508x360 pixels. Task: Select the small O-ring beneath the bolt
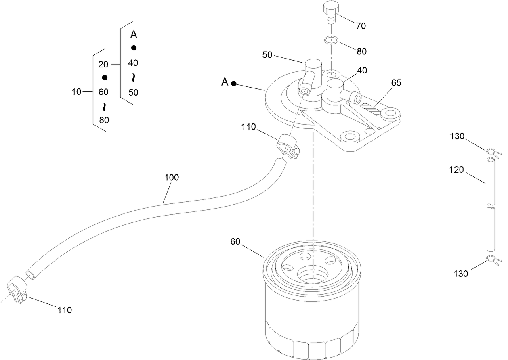(330, 40)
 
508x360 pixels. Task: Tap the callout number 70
(361, 26)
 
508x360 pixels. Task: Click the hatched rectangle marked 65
(371, 109)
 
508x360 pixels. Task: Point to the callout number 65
(396, 83)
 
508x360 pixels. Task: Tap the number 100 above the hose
(171, 177)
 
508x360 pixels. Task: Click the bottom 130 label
(461, 274)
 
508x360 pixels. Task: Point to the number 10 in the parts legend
(76, 92)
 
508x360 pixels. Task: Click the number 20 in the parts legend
(103, 64)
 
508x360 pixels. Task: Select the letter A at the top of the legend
(133, 35)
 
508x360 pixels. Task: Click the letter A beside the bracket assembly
(225, 82)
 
